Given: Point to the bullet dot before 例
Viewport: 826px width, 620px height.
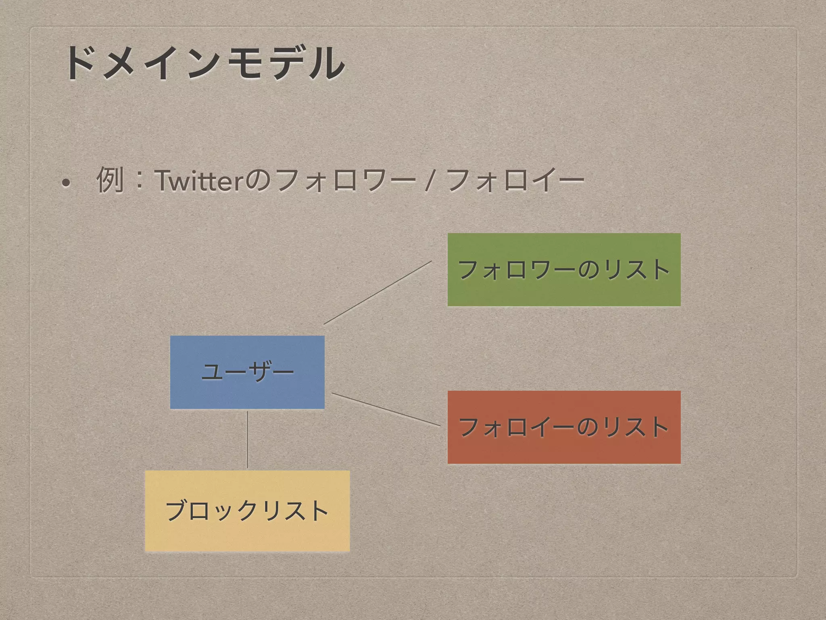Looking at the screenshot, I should click(66, 182).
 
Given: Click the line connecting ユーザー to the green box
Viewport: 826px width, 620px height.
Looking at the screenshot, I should click(378, 292).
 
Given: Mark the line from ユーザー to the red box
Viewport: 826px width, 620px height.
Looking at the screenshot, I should click(386, 409).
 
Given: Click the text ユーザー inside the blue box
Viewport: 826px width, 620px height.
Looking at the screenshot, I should click(247, 372).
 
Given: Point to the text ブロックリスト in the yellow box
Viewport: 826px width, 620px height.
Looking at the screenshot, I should click(247, 511).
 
